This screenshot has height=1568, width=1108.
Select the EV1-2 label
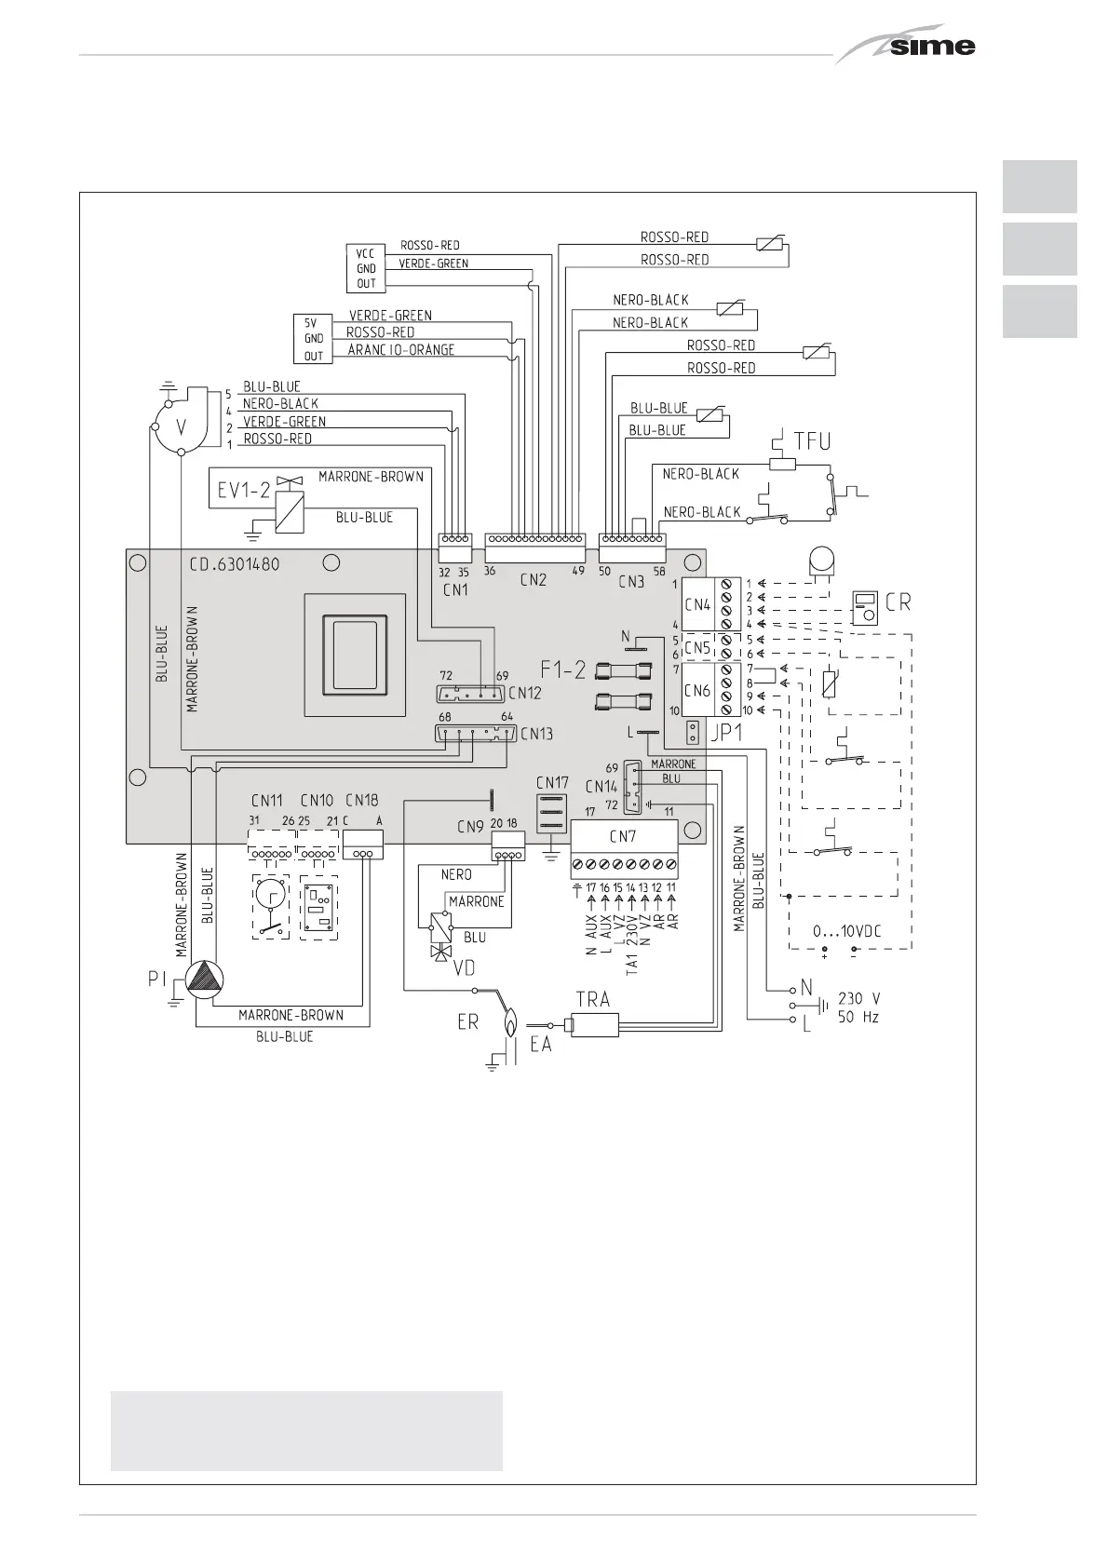[x=238, y=489]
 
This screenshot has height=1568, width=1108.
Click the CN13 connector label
[x=536, y=734]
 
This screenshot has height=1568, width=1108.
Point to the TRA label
[x=592, y=999]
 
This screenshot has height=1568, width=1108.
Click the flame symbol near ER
[x=511, y=1022]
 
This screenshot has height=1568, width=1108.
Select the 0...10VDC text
[x=848, y=931]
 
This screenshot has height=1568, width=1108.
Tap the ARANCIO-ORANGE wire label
[x=401, y=350]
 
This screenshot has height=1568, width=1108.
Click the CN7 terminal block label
[x=623, y=836]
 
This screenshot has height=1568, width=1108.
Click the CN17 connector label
[x=551, y=782]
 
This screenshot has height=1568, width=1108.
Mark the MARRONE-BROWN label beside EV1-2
[x=371, y=477]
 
